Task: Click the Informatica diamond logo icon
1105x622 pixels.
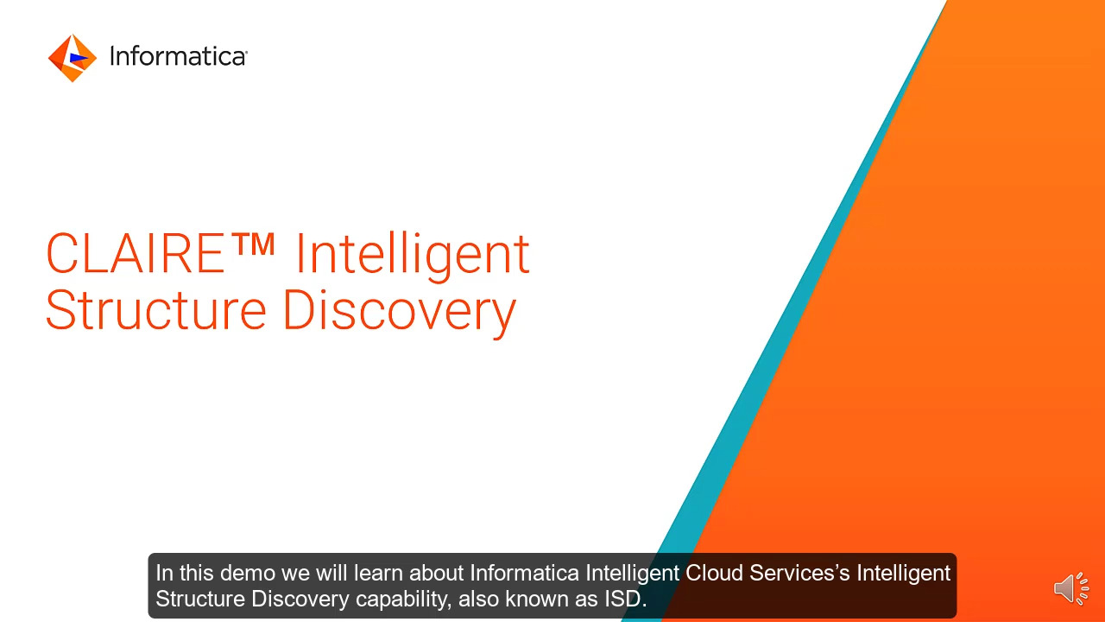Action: pyautogui.click(x=73, y=58)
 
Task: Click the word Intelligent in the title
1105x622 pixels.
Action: pyautogui.click(x=413, y=255)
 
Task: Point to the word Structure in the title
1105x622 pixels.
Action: pyautogui.click(x=155, y=310)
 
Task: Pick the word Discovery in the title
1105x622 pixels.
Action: pyautogui.click(x=399, y=312)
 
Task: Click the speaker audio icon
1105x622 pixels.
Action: pyautogui.click(x=1070, y=587)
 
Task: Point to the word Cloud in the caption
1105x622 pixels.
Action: pyautogui.click(x=714, y=573)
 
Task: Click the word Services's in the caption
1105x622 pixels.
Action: pyautogui.click(x=800, y=573)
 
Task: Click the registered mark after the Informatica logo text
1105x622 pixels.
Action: pyautogui.click(x=245, y=52)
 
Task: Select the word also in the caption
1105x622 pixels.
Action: pyautogui.click(x=479, y=599)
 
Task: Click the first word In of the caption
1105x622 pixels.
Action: pyautogui.click(x=164, y=573)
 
